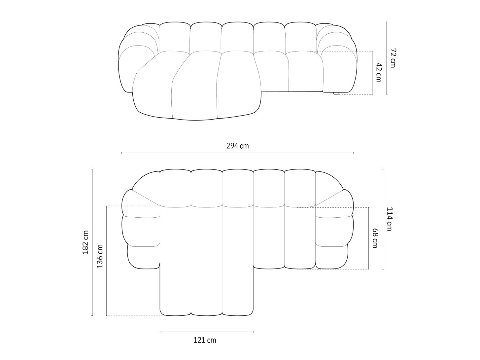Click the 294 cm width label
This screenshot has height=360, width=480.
237,146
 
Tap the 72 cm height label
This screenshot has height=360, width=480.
393,58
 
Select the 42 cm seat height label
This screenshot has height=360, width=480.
378,73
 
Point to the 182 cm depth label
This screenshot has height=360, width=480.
86,242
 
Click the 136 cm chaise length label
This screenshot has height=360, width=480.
100,256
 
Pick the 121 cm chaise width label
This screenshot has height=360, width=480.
205,340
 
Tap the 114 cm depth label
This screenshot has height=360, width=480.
389,219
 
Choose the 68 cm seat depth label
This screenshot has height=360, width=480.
375,238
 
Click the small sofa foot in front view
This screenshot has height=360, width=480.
336,93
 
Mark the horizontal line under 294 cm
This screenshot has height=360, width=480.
237,153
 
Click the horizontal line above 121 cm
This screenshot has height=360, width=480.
207,332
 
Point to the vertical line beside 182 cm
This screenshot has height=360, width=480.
92,242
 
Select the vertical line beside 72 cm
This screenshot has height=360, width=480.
387,58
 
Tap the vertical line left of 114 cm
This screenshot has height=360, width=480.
383,219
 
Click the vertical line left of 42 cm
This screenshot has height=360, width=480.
372,73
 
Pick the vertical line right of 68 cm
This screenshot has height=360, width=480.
369,238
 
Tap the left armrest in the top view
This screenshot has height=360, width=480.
141,231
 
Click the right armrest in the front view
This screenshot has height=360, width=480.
338,66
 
